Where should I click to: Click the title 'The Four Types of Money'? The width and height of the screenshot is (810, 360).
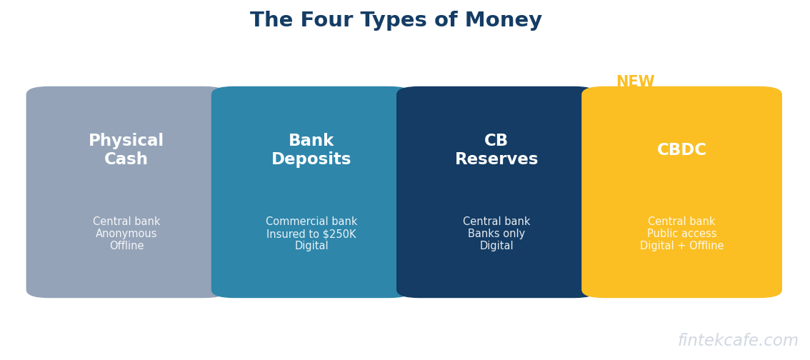396,21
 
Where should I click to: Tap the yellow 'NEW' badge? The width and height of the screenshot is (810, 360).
636,81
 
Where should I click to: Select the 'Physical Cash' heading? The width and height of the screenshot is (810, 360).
126,150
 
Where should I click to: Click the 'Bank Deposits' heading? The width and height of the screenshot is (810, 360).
311,150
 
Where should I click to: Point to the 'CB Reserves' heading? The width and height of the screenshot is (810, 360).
496,150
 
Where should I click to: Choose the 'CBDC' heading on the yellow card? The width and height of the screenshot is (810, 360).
681,150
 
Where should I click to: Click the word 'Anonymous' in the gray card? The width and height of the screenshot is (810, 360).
126,234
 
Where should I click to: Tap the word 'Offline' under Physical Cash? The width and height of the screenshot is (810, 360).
126,246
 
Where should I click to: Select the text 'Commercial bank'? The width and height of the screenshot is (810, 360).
311,221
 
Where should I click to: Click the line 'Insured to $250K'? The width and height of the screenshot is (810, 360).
311,234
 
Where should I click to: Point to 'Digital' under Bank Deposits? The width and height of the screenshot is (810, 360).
311,246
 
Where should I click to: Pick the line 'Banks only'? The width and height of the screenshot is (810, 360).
496,234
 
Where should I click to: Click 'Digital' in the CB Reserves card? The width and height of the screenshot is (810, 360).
496,246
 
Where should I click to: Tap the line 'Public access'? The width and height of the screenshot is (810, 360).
682,234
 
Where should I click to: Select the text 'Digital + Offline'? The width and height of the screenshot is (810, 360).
682,246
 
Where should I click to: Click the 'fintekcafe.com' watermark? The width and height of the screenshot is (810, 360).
738,341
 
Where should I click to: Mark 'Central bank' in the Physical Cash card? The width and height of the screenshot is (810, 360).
126,221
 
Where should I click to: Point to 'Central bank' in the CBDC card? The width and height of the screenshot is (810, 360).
681,221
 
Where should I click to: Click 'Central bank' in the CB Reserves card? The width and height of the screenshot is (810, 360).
496,221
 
